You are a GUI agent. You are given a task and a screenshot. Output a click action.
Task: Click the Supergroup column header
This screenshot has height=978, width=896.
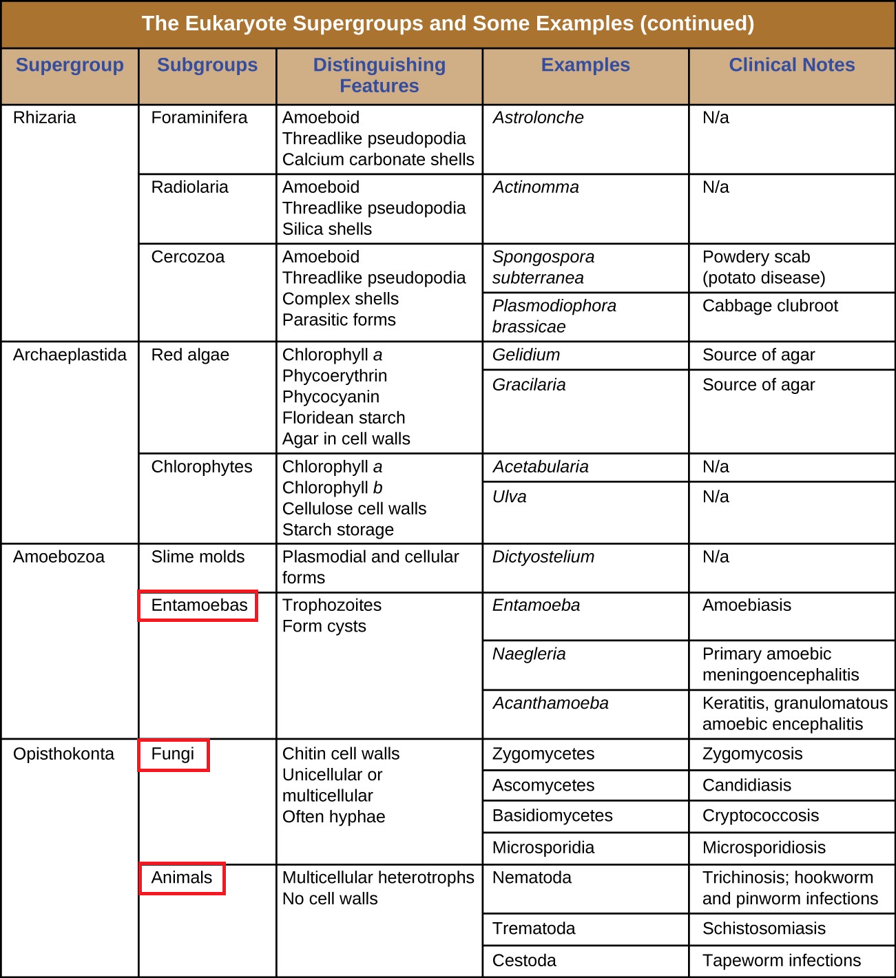pos(70,65)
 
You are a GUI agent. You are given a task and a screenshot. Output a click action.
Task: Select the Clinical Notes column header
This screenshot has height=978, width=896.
pos(791,65)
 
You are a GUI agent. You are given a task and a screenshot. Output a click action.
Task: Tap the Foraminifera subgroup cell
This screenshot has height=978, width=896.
pos(199,118)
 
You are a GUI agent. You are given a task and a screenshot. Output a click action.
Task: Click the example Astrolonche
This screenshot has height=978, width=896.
pos(538,118)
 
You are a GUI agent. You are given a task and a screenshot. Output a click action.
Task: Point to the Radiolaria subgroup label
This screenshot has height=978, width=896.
pos(189,187)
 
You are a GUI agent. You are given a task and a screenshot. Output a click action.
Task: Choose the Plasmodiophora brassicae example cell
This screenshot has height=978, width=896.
pos(554,316)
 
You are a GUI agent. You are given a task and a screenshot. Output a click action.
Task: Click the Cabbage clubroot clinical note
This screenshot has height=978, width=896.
pos(770,306)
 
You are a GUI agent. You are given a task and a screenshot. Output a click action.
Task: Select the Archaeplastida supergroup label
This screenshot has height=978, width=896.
pos(70,355)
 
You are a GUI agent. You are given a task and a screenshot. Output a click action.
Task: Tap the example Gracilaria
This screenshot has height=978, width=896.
pos(529,385)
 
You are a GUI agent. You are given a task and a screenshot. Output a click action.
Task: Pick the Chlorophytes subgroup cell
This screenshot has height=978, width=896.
pos(202,467)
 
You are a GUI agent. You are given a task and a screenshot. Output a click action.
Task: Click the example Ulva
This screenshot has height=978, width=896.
pos(510,497)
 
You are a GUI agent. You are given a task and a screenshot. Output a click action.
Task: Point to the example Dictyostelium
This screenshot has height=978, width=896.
pos(543,557)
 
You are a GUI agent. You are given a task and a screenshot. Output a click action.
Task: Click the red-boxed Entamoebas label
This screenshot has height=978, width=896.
pos(198,605)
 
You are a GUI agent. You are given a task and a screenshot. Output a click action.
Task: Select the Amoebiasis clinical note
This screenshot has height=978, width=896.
pos(747,605)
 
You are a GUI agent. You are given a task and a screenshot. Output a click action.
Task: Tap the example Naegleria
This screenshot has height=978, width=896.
pos(529,654)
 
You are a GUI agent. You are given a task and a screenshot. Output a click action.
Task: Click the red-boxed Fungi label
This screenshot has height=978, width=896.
pos(173,754)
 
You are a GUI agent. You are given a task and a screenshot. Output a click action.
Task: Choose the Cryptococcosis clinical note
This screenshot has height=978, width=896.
pos(760,816)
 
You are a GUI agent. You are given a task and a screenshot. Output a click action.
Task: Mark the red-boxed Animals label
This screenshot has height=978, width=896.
pos(182,878)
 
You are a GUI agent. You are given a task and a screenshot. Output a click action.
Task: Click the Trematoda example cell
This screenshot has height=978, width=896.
pos(534,929)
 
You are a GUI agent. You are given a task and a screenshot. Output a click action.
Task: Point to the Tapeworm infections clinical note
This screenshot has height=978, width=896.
pos(782,961)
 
